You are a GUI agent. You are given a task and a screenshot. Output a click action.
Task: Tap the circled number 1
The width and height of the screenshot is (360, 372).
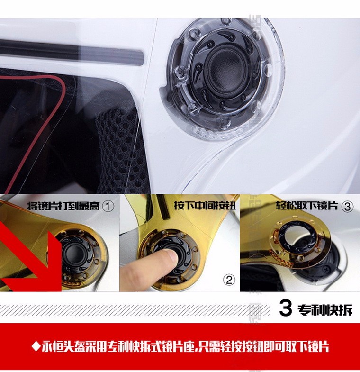[x=108, y=206]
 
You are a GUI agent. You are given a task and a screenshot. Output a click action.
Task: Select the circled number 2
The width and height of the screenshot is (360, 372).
[x=229, y=280]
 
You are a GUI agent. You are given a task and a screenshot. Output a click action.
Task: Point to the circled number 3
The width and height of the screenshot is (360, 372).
[x=347, y=207]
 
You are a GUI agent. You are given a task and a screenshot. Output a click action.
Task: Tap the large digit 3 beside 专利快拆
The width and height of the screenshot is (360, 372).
[x=285, y=308]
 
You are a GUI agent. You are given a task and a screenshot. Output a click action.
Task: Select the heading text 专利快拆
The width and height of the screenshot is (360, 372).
[x=325, y=309]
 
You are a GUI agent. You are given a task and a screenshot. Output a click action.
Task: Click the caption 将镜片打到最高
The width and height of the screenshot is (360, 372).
[x=63, y=206]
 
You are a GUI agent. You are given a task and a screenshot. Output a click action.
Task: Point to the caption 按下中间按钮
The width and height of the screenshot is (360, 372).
[x=205, y=205]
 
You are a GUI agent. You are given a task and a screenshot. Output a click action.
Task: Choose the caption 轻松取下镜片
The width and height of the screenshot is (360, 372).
[x=307, y=206]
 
